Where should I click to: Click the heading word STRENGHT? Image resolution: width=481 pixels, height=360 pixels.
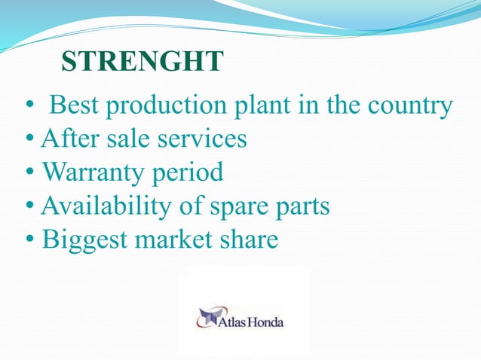[142, 63]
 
